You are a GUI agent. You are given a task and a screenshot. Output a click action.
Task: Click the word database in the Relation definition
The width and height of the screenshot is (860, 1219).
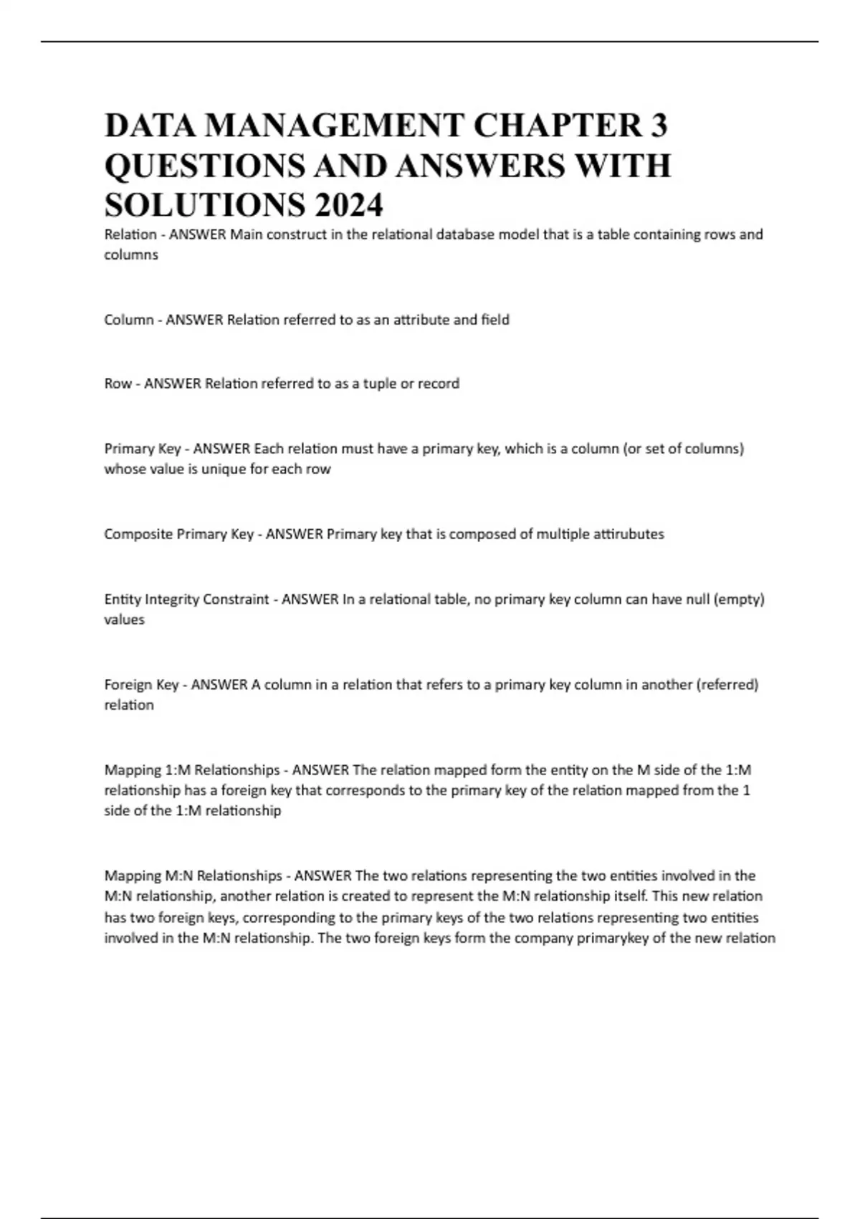pos(456,234)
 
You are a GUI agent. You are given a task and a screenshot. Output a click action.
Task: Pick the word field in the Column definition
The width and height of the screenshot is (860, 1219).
pos(495,320)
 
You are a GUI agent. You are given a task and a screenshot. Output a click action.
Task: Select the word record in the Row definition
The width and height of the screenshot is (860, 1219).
pos(439,384)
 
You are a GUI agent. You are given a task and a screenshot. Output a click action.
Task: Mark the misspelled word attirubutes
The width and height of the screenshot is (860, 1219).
pos(629,534)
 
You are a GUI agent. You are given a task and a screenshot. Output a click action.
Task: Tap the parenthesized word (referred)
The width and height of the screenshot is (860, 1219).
pos(727,685)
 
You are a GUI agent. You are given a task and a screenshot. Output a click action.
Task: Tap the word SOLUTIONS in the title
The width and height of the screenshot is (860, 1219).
pos(204,206)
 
